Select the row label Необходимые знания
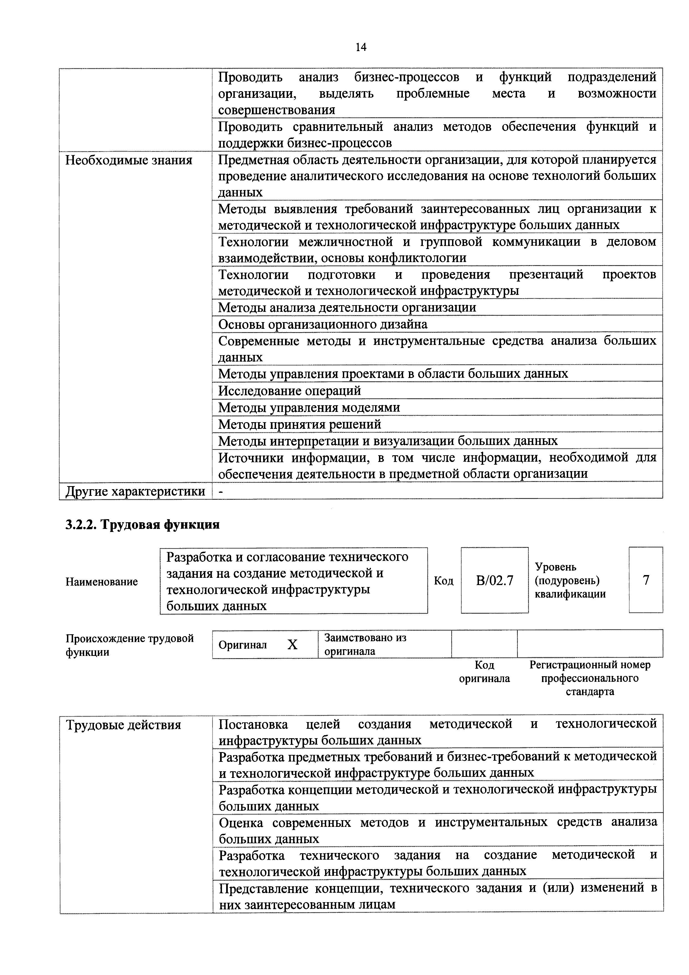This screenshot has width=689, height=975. click(x=129, y=161)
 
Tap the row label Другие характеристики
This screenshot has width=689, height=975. click(x=135, y=491)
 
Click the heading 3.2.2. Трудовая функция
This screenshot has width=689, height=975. click(x=142, y=524)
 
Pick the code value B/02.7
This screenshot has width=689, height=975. click(x=495, y=580)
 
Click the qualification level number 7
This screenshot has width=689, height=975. click(x=646, y=580)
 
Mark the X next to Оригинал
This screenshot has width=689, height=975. click(x=293, y=645)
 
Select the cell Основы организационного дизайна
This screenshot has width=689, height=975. click(x=323, y=324)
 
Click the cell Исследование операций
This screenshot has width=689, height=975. click(x=289, y=390)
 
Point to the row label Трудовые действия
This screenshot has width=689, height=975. click(x=124, y=725)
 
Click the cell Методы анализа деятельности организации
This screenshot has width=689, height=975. click(x=347, y=307)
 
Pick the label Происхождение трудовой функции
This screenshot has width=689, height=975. click(x=129, y=645)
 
